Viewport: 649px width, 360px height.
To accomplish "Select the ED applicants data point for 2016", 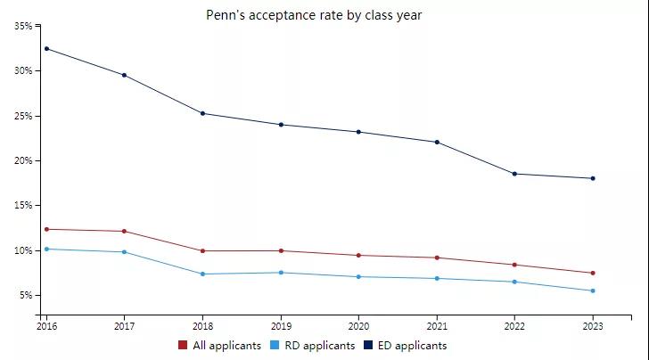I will [x=46, y=48].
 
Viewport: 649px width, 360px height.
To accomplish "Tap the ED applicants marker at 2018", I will [x=203, y=113].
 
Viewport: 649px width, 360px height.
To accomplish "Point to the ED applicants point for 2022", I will [x=515, y=174].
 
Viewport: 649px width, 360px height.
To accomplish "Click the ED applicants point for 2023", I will [x=593, y=178].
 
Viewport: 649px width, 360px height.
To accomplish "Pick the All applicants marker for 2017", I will [x=125, y=231].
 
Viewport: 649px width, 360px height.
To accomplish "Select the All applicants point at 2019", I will [x=281, y=250].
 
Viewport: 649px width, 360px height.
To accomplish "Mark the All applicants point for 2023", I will [x=593, y=273].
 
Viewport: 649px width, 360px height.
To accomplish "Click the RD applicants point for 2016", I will [x=46, y=249].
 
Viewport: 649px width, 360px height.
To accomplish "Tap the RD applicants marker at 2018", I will [x=203, y=274].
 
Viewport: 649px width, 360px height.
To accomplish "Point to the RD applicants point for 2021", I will [x=437, y=278].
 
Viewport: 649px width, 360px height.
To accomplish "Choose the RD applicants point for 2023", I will [x=593, y=290].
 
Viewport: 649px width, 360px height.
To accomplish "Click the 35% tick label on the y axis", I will [x=22, y=27].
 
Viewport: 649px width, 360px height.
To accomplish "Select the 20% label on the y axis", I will [x=22, y=160].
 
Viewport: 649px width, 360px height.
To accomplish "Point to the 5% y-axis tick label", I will [x=25, y=295].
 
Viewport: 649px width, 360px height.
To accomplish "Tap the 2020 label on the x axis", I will [x=358, y=327].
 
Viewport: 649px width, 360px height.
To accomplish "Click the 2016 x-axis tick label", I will [x=46, y=327].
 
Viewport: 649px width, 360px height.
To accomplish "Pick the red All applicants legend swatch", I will [x=183, y=345].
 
